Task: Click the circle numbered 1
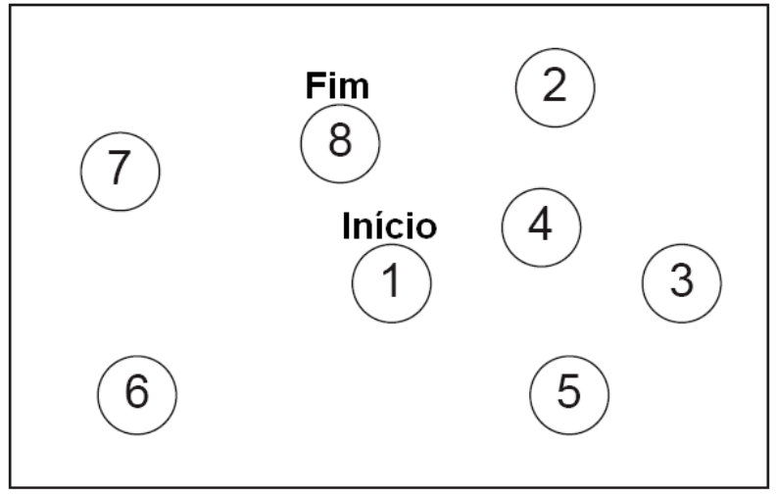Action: click(x=391, y=282)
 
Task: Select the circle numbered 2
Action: click(x=556, y=86)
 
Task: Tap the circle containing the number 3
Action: click(x=681, y=282)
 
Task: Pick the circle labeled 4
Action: click(x=541, y=226)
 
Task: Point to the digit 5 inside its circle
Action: click(x=568, y=392)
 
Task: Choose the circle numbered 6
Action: click(x=137, y=392)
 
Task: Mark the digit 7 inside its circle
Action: click(x=119, y=170)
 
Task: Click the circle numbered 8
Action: click(x=339, y=142)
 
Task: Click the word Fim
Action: click(x=337, y=86)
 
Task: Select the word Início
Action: click(x=389, y=226)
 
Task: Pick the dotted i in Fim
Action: click(x=333, y=86)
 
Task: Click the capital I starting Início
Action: click(x=346, y=226)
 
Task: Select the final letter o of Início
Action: click(x=424, y=229)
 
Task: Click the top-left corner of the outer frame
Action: click(x=11, y=7)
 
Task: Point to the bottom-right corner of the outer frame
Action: click(x=767, y=484)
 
